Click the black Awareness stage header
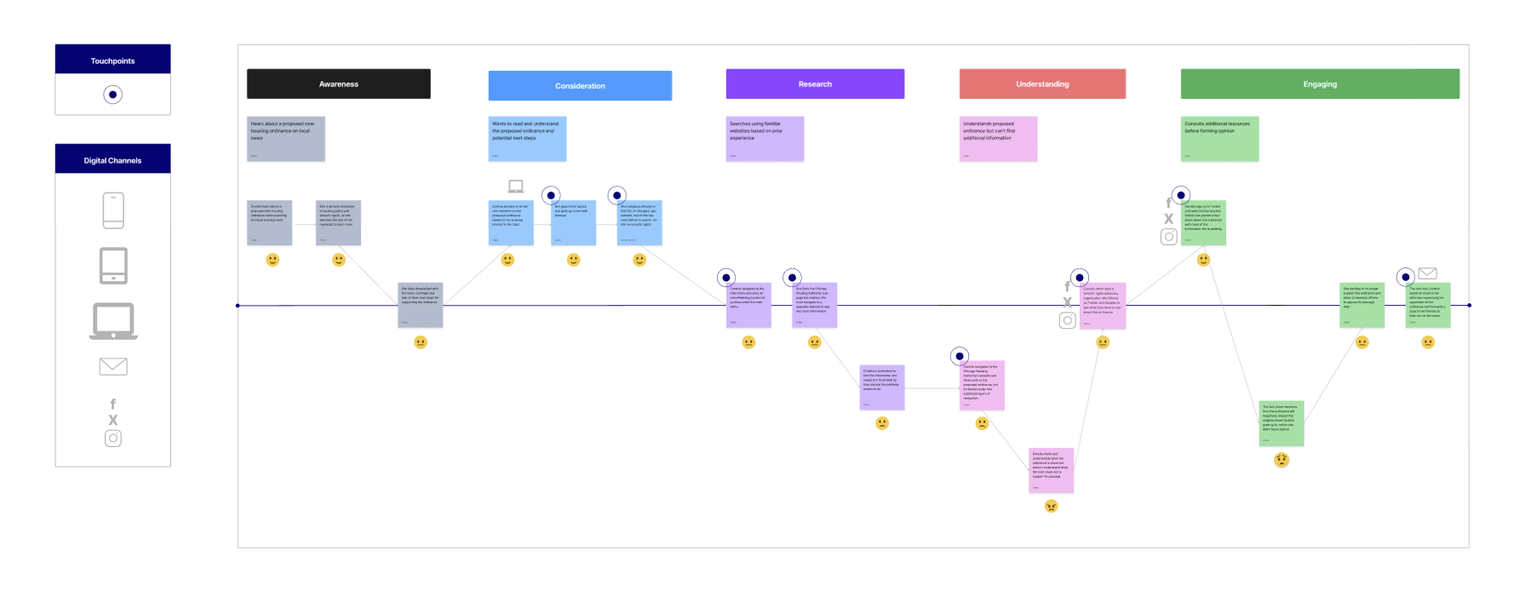coord(338,84)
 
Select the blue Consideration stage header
coord(580,86)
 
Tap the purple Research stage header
coord(815,84)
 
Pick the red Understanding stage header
coord(1042,84)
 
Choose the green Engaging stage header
coord(1320,84)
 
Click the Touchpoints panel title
coord(112,60)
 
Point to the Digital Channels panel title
coord(112,160)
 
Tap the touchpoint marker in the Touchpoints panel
coord(112,95)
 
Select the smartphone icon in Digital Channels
coord(113,210)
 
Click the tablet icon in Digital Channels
coord(113,266)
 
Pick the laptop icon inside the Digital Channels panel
coord(113,321)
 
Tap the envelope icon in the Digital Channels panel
coord(113,366)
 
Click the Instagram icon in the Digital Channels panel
coord(113,439)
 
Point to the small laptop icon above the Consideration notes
coord(516,187)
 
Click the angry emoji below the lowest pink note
coord(1052,506)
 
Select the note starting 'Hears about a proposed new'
coord(286,139)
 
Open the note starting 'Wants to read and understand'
coord(527,139)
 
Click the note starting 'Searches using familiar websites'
coord(765,139)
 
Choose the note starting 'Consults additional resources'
coord(1219,139)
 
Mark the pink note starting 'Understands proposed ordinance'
coord(998,139)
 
